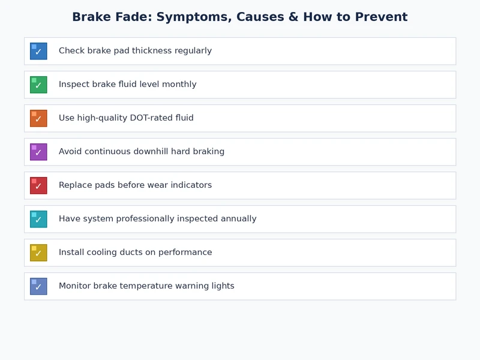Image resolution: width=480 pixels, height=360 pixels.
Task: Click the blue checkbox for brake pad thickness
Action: click(x=38, y=51)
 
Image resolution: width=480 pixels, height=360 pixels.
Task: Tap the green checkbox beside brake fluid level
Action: click(x=38, y=85)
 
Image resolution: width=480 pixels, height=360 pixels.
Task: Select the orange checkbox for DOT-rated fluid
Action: click(x=38, y=118)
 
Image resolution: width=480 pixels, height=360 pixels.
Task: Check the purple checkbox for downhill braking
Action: click(x=38, y=152)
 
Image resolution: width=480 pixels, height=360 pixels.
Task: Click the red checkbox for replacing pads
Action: click(x=38, y=185)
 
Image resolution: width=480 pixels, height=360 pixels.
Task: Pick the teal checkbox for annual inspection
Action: click(x=38, y=219)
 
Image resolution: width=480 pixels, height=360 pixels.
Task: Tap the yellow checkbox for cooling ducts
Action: click(x=38, y=253)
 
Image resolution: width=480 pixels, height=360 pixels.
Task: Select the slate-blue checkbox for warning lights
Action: click(x=38, y=286)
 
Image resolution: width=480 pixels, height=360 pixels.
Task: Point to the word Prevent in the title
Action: click(x=380, y=17)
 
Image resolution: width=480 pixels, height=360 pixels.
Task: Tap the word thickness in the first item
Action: click(x=150, y=51)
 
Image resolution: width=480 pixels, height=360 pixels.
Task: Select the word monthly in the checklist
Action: click(x=178, y=85)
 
